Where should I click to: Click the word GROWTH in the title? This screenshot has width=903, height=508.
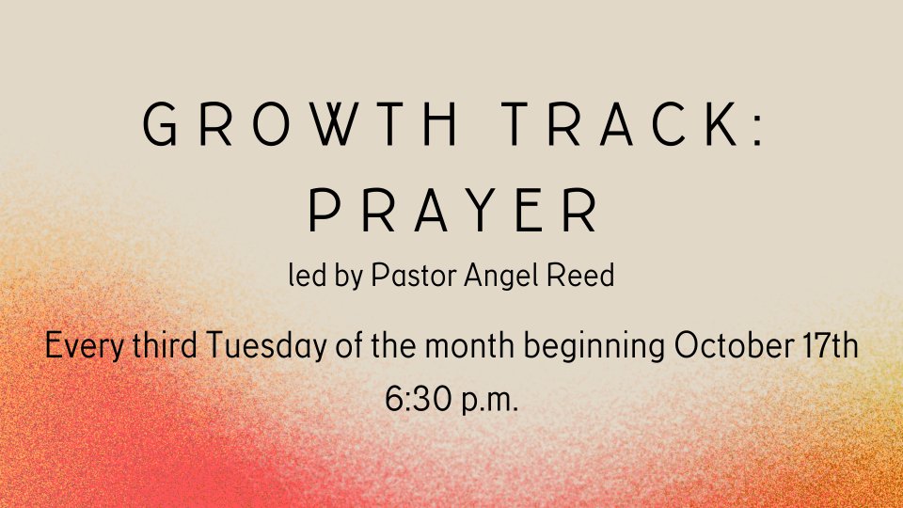(300, 124)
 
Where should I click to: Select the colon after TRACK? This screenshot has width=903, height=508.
(758, 124)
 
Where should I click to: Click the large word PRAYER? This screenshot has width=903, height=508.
(453, 210)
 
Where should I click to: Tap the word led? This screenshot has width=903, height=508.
(308, 275)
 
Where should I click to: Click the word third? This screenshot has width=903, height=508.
(165, 345)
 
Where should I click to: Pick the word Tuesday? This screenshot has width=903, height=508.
(266, 347)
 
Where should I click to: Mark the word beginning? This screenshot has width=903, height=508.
(594, 347)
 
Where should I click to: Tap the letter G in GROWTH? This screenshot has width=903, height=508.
(160, 124)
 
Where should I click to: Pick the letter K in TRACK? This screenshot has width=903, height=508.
(722, 124)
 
